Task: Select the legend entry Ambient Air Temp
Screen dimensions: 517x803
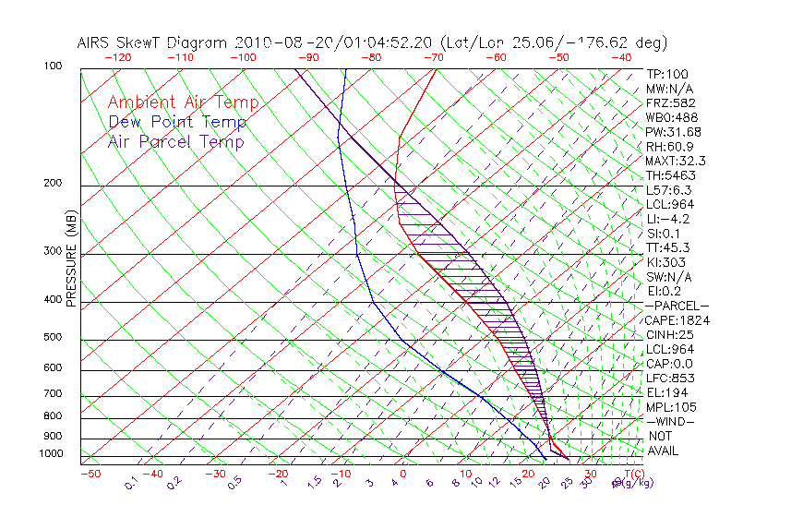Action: point(183,102)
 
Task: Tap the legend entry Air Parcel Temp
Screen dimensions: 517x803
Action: point(175,141)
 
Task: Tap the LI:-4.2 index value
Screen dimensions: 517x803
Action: point(667,219)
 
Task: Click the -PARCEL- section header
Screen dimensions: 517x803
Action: point(677,306)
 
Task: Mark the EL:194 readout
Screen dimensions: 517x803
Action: point(666,392)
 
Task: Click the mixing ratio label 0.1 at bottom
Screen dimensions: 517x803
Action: point(131,482)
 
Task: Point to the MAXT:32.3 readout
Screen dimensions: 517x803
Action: point(674,161)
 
